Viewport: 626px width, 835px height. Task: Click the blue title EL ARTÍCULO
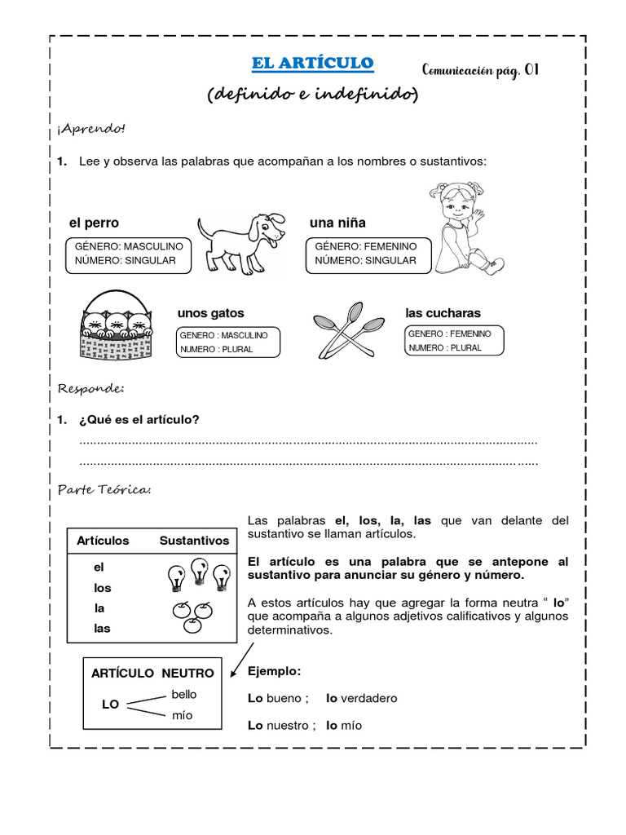(x=312, y=64)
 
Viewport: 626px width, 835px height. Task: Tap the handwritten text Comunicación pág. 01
(x=480, y=71)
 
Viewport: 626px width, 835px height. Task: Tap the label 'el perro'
(x=94, y=223)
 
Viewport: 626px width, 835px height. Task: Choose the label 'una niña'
(x=337, y=223)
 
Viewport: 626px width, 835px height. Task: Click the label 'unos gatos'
(x=210, y=313)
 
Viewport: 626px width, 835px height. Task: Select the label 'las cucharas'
(x=443, y=313)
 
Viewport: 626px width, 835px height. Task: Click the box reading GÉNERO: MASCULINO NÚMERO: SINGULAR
(x=129, y=254)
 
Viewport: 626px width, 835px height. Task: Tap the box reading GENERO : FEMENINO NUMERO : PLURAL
(x=454, y=341)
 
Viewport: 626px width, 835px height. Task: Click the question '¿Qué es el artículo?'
(x=139, y=419)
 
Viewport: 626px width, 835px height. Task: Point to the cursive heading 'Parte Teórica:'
(x=104, y=490)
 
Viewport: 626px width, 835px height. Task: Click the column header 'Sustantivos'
(x=194, y=541)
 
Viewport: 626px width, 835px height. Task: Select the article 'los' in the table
(x=102, y=588)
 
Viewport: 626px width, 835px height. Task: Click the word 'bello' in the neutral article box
(x=183, y=695)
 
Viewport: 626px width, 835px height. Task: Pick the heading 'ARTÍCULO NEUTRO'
(x=152, y=673)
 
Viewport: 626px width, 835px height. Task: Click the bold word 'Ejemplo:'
(x=274, y=671)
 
